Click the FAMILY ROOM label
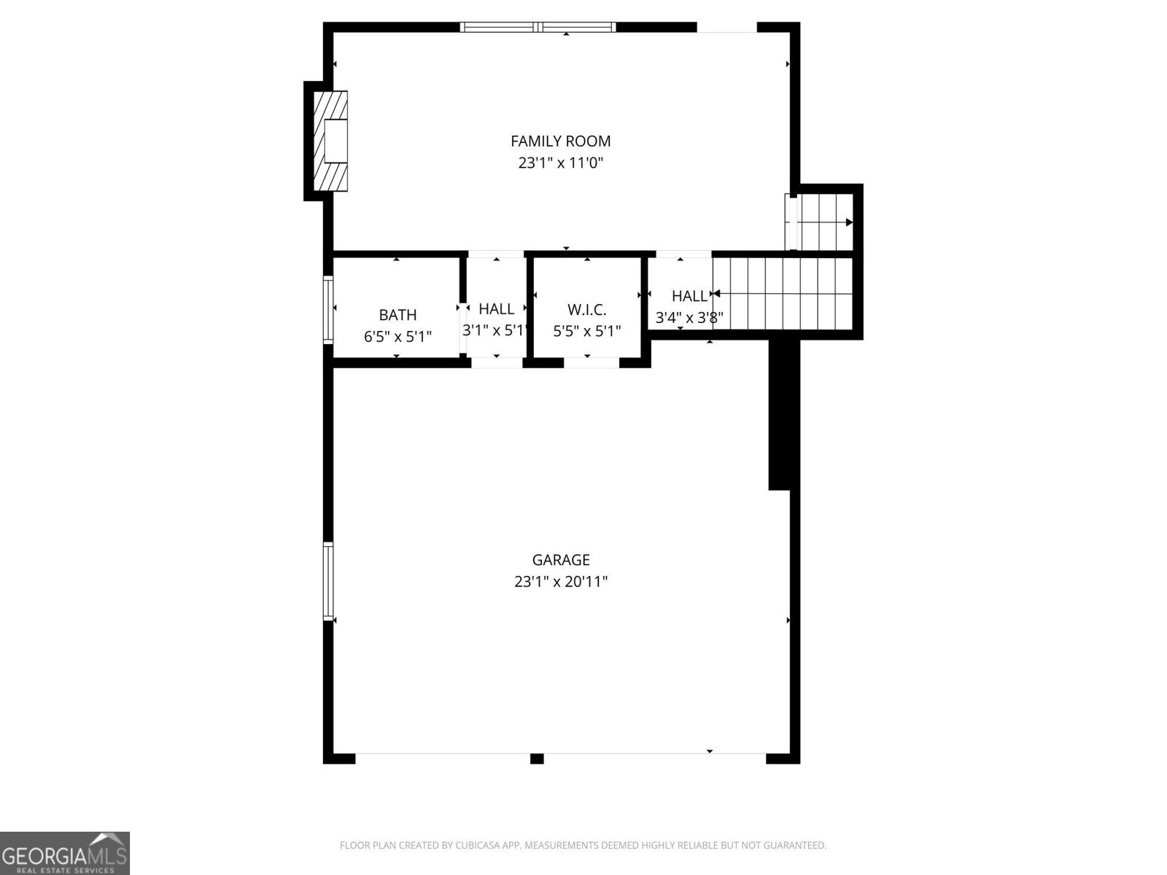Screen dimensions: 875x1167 pos(560,141)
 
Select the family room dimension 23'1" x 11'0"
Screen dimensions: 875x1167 pos(560,163)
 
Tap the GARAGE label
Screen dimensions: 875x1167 pos(560,560)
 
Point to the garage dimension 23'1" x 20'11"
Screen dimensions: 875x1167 pos(560,582)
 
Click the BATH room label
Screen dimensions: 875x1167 pos(398,315)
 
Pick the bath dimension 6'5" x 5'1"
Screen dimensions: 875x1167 pos(398,337)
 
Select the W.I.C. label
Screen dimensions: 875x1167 pos(586,310)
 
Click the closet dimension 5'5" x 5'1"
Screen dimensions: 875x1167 pos(586,331)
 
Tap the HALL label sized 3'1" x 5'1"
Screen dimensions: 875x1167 pos(496,309)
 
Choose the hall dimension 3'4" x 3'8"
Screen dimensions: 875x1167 pos(689,318)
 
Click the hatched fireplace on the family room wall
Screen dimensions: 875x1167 pos(330,141)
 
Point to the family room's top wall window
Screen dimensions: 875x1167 pos(538,28)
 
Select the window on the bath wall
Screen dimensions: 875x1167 pos(328,309)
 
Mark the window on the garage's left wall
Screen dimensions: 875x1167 pos(328,581)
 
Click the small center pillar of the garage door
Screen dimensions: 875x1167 pos(537,758)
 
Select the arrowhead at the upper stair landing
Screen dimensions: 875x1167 pos(848,222)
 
